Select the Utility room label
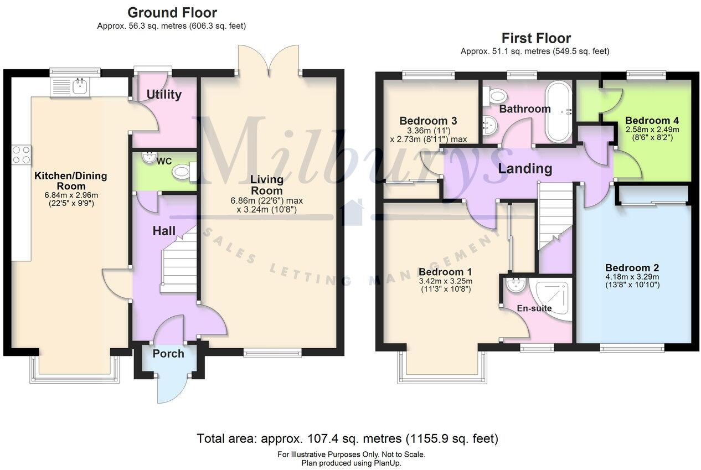(164, 95)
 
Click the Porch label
(168, 353)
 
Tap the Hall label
(164, 231)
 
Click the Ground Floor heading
(172, 12)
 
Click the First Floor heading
(535, 38)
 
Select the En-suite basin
(516, 285)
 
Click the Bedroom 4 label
(652, 120)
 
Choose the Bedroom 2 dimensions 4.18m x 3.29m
(631, 277)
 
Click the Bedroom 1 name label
(445, 272)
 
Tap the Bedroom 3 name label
(427, 121)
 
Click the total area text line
(348, 439)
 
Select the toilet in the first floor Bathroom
(489, 97)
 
